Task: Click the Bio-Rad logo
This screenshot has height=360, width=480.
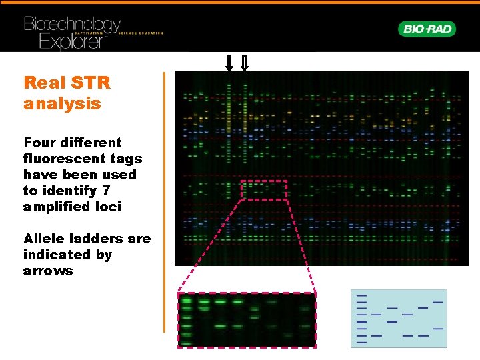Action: pos(427,29)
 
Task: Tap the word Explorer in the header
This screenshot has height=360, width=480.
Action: pos(63,42)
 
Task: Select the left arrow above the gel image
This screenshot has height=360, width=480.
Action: pos(228,63)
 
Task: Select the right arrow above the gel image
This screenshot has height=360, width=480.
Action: pos(244,63)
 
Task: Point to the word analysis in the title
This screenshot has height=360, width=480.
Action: pos(62,104)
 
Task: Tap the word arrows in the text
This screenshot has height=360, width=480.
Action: pos(48,271)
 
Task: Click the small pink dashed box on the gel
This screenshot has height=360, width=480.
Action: pos(263,190)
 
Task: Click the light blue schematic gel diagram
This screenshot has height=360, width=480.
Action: pos(399,318)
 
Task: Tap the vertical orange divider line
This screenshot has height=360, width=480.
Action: pos(164,200)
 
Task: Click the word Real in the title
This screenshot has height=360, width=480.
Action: pos(44,83)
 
